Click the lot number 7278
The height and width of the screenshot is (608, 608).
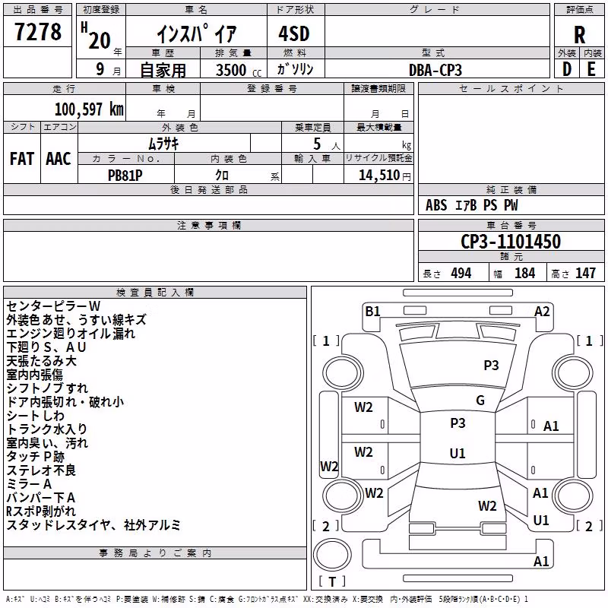pos(38,32)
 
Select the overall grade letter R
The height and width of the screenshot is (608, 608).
pos(579,35)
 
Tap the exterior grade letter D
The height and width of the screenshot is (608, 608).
pos(567,69)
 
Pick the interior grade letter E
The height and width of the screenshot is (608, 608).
pos(591,69)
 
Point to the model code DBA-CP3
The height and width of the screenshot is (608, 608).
pos(435,70)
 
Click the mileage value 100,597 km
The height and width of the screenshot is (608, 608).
pos(89,109)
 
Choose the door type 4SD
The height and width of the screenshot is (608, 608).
pos(294,33)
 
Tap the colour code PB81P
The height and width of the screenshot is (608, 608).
pos(125,176)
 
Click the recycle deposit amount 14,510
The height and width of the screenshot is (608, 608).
pos(379,176)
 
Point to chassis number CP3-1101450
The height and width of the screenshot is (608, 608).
pos(511,242)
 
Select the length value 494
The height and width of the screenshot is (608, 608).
pos(461,274)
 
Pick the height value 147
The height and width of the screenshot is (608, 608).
pos(585,274)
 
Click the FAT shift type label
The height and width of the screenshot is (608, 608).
pos(22,159)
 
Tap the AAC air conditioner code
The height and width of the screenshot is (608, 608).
pos(59,159)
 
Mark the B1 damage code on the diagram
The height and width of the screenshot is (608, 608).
pos(372,312)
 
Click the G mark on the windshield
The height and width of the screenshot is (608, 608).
pos(480,401)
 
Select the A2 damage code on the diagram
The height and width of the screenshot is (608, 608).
pos(542,312)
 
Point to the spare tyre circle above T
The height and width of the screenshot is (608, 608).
pos(332,555)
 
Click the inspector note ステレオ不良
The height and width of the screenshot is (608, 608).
pos(41,470)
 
